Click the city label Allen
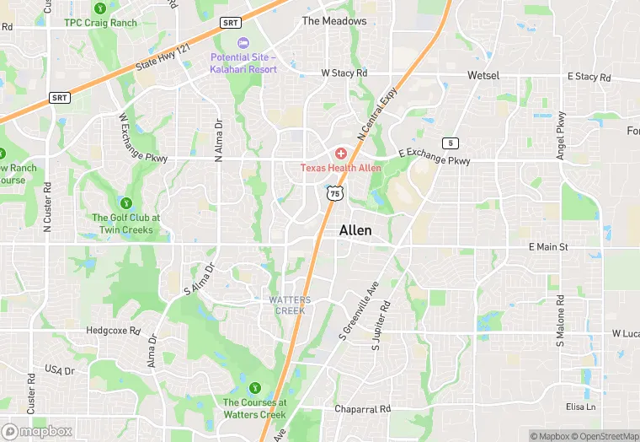(355, 230)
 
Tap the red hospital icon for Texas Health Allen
(341, 154)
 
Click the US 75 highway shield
(336, 194)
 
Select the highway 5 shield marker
(451, 143)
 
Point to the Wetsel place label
(483, 75)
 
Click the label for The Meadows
(334, 21)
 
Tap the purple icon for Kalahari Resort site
(243, 43)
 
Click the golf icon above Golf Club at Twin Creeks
(126, 202)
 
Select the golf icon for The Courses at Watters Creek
(254, 388)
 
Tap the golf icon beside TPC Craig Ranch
(100, 8)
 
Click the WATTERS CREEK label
(290, 305)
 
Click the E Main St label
(548, 246)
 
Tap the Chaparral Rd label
(363, 409)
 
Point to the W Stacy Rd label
(344, 73)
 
